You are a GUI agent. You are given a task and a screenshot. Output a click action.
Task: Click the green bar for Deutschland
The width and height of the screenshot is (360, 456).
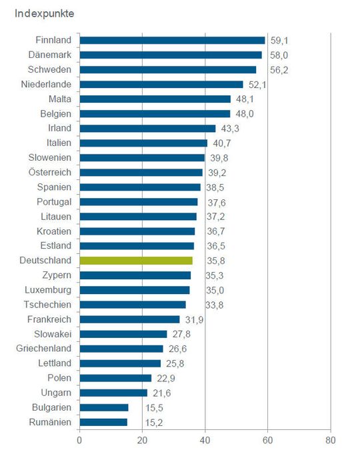tap(136, 261)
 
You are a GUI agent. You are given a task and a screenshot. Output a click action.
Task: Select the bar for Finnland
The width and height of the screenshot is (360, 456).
tap(172, 40)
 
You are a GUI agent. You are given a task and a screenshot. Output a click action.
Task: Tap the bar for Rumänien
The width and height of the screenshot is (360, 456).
tap(103, 422)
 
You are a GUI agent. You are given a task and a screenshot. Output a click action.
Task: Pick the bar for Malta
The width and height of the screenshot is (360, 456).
tap(155, 99)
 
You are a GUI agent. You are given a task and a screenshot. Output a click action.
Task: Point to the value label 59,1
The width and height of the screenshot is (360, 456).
tap(280, 40)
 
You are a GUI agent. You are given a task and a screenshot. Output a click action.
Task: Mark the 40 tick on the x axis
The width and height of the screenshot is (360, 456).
tap(205, 440)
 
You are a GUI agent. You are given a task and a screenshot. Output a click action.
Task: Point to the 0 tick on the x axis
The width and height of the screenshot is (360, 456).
tap(79, 440)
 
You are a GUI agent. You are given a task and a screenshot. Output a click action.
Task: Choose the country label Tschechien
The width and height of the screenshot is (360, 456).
tap(50, 305)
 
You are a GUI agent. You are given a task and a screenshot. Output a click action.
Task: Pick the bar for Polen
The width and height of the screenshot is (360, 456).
tap(115, 378)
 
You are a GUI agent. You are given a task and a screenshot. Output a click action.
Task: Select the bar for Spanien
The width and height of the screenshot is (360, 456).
tap(140, 187)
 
